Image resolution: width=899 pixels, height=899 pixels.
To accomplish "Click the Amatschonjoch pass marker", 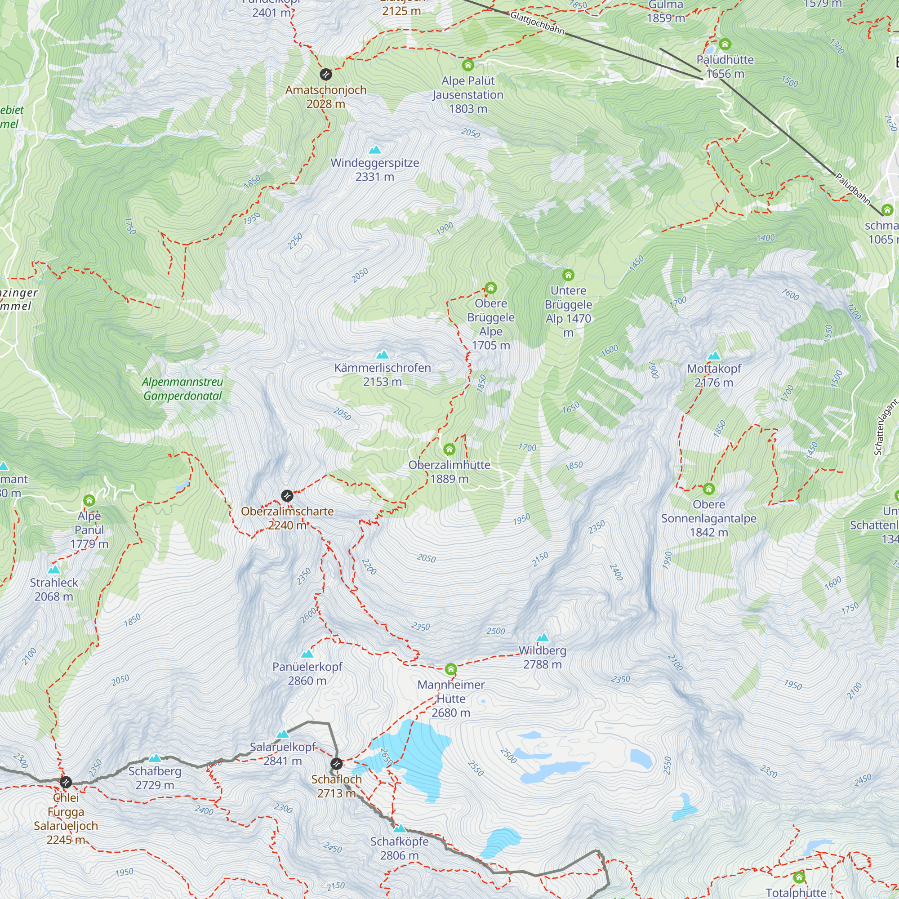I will [x=326, y=75].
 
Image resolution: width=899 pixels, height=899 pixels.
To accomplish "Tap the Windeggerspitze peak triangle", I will [x=375, y=150].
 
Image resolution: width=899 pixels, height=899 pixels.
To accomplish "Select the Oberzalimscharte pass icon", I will [x=287, y=495].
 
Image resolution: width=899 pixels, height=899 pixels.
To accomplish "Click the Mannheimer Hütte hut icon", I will [x=450, y=670].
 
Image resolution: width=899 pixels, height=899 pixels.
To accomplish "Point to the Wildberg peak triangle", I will [x=543, y=637].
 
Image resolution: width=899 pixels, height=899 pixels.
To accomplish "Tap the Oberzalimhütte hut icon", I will [x=449, y=449].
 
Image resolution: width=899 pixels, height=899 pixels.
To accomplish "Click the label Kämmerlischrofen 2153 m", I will [x=383, y=374].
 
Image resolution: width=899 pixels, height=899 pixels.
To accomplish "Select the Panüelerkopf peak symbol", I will [x=307, y=654].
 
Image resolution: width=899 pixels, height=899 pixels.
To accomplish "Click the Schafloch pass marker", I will [x=336, y=764].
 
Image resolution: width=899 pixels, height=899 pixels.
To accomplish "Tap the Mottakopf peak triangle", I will [x=714, y=356].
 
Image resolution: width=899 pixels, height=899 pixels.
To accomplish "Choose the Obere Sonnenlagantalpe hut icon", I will [x=709, y=489].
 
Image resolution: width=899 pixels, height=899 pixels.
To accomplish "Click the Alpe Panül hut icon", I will [x=89, y=501].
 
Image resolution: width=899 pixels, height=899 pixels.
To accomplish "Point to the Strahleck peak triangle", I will [x=54, y=570].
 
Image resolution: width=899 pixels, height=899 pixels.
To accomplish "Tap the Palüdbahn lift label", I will [x=852, y=189].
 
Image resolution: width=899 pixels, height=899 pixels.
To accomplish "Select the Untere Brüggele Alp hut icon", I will [x=568, y=275].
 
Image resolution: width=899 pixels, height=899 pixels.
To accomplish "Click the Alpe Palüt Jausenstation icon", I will [x=467, y=65].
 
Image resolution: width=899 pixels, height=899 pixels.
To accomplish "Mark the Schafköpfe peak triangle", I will [x=399, y=828].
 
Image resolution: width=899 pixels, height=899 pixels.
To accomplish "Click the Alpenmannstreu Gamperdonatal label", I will [x=183, y=389].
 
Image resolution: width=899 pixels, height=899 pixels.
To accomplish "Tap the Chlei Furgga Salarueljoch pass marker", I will [x=66, y=782].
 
